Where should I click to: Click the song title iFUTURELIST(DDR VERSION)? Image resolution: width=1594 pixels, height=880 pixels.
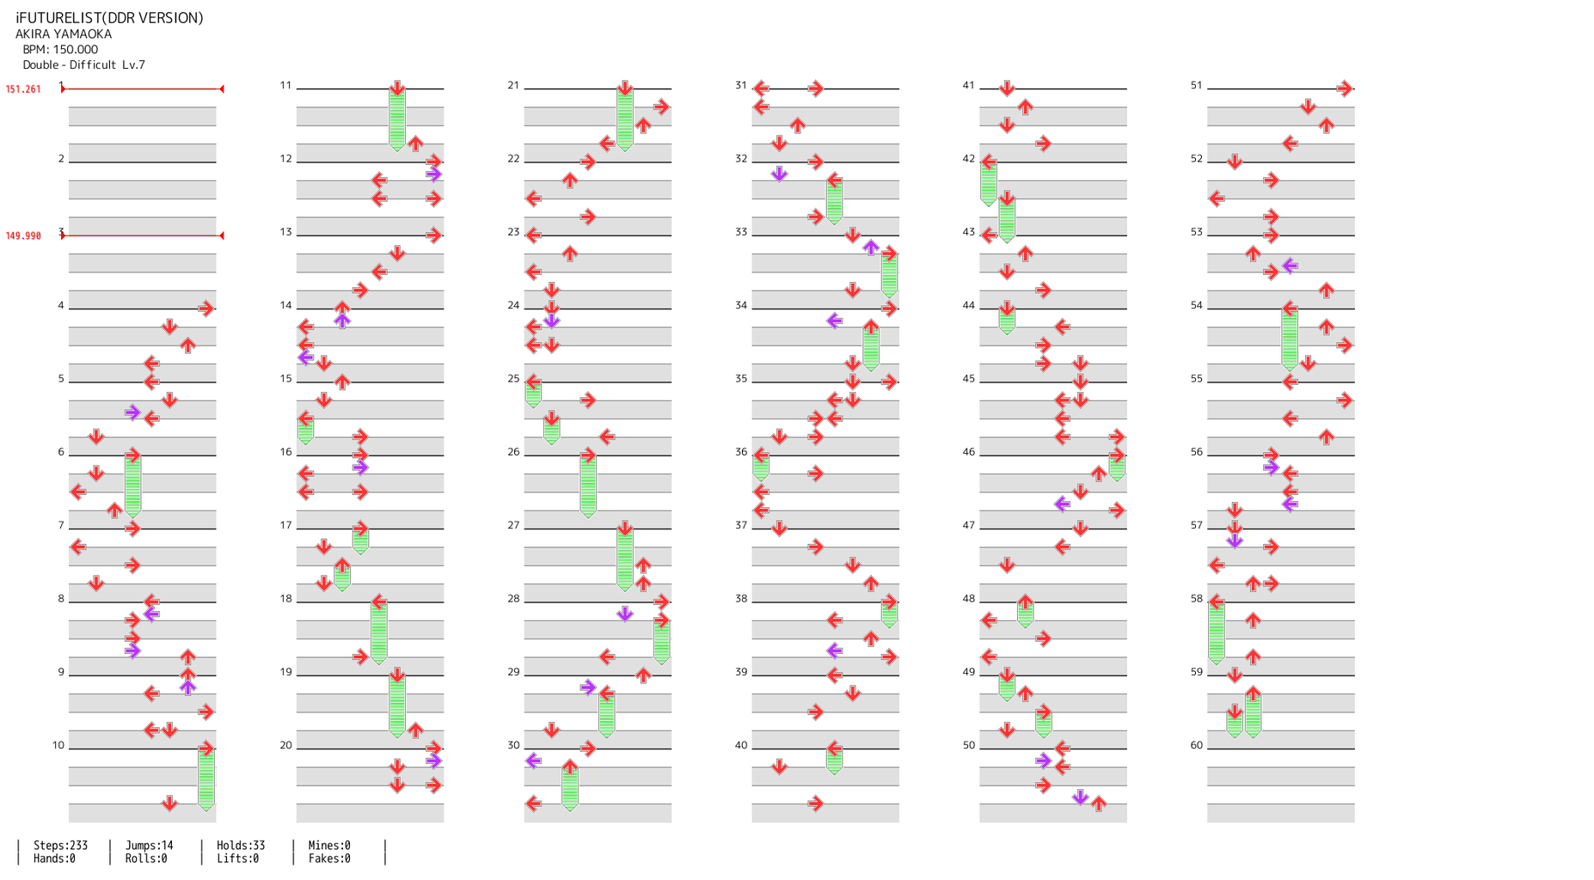pyautogui.click(x=109, y=18)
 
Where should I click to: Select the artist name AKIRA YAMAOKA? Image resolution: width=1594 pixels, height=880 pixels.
pyautogui.click(x=64, y=34)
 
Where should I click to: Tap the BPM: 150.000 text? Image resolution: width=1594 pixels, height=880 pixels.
pyautogui.click(x=60, y=50)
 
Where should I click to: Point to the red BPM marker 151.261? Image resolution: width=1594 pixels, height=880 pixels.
pyautogui.click(x=23, y=89)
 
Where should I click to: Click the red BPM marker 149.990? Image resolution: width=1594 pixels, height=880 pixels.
pyautogui.click(x=23, y=236)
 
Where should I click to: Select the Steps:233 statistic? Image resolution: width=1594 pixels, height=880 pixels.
pyautogui.click(x=60, y=846)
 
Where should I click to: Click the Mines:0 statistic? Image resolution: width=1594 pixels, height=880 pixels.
pyautogui.click(x=329, y=846)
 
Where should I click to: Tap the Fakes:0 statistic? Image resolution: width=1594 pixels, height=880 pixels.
pyautogui.click(x=329, y=859)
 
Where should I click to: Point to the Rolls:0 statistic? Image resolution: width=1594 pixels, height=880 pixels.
pyautogui.click(x=146, y=859)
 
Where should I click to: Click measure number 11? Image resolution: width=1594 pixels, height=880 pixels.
pyautogui.click(x=285, y=86)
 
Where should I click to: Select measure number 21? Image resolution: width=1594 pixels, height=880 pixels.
pyautogui.click(x=513, y=86)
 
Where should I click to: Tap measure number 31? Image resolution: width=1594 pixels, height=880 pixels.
pyautogui.click(x=741, y=86)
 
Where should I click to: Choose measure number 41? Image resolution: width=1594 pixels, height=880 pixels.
pyautogui.click(x=969, y=86)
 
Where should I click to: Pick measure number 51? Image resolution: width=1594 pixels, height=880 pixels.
pyautogui.click(x=1197, y=86)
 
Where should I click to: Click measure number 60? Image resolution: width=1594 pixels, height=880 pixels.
pyautogui.click(x=1197, y=746)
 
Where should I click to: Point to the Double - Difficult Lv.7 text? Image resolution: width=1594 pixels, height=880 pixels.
pyautogui.click(x=83, y=65)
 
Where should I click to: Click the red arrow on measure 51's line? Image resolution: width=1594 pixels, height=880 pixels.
pyautogui.click(x=1345, y=89)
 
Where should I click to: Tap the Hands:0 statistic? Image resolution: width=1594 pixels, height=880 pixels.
pyautogui.click(x=54, y=859)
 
